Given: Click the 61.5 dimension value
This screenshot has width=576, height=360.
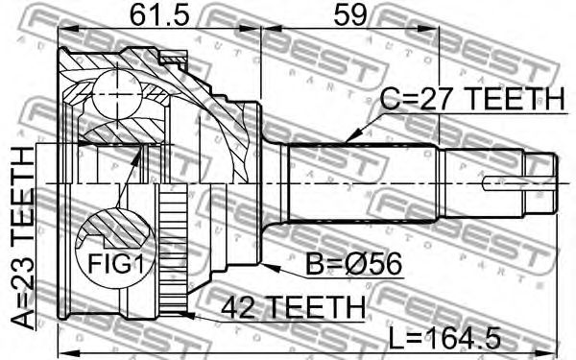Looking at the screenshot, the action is point(159,15).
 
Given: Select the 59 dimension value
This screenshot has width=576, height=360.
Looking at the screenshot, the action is point(349,15).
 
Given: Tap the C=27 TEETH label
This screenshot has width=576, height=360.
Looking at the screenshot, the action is point(471,99).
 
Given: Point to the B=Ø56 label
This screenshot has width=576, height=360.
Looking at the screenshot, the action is point(353,264).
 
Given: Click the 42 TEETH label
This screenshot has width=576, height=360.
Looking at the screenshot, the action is point(294,307).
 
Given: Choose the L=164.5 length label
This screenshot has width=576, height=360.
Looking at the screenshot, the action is point(444,338).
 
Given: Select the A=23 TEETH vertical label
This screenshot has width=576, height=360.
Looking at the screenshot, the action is point(22,238).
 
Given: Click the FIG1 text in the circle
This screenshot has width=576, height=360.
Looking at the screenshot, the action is point(116,263).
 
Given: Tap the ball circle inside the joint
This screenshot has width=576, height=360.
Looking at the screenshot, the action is point(117,94).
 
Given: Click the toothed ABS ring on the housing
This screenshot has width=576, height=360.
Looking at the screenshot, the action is point(174,250).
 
